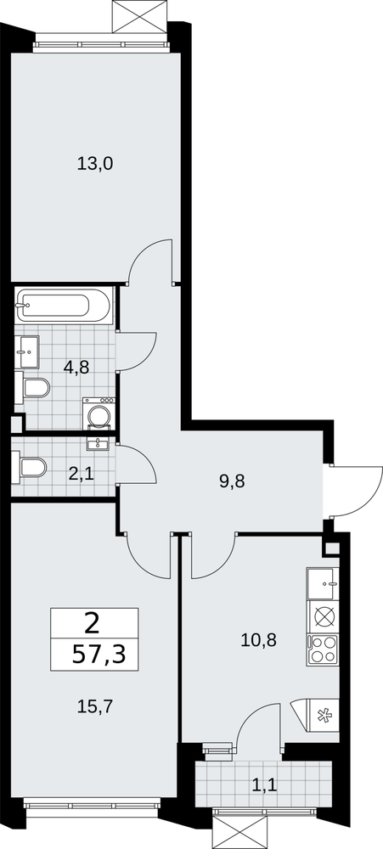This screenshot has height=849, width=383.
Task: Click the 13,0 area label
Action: [x=94, y=163]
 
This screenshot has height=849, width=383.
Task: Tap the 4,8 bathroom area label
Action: [x=76, y=368]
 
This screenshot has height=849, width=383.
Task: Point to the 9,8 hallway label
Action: [x=232, y=481]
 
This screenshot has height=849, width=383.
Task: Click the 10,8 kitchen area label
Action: [x=258, y=640]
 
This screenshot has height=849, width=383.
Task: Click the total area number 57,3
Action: [x=99, y=655]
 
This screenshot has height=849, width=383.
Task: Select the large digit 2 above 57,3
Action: [x=92, y=625]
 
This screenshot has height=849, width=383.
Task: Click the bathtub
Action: [x=64, y=306]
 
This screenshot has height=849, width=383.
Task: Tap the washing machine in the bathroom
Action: [x=99, y=414]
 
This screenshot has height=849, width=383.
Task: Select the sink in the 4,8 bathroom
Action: [x=26, y=352]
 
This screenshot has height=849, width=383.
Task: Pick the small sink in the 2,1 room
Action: [x=98, y=445]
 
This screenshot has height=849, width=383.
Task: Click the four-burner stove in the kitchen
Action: [x=323, y=649]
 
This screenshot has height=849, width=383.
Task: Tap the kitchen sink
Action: [x=323, y=584]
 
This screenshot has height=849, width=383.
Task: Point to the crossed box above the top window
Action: [x=138, y=17]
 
